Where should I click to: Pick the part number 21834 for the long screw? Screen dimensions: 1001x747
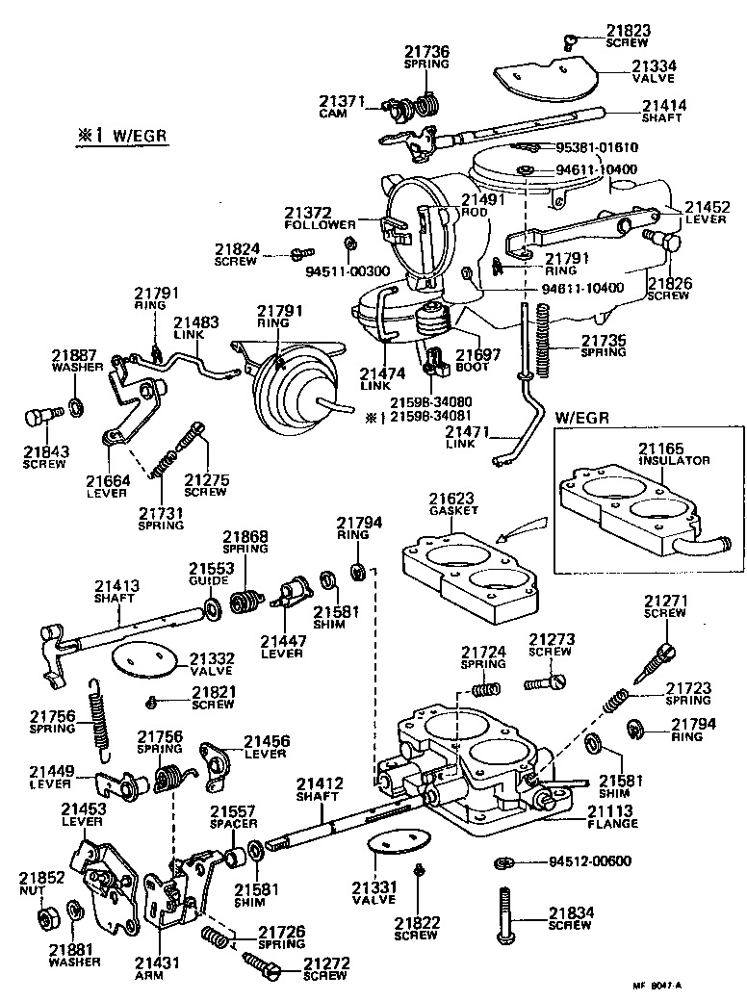pos(569,913)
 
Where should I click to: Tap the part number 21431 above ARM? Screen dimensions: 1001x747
pos(153,962)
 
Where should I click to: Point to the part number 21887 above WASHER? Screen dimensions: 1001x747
pos(71,354)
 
